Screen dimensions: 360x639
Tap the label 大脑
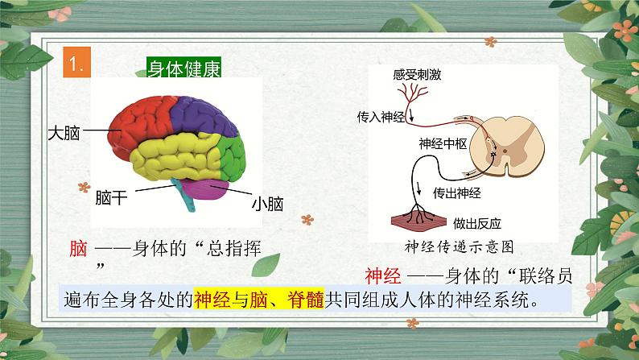coord(63,130)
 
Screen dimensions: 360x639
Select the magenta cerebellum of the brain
coord(208,190)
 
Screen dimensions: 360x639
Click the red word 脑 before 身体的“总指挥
coord(78,249)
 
